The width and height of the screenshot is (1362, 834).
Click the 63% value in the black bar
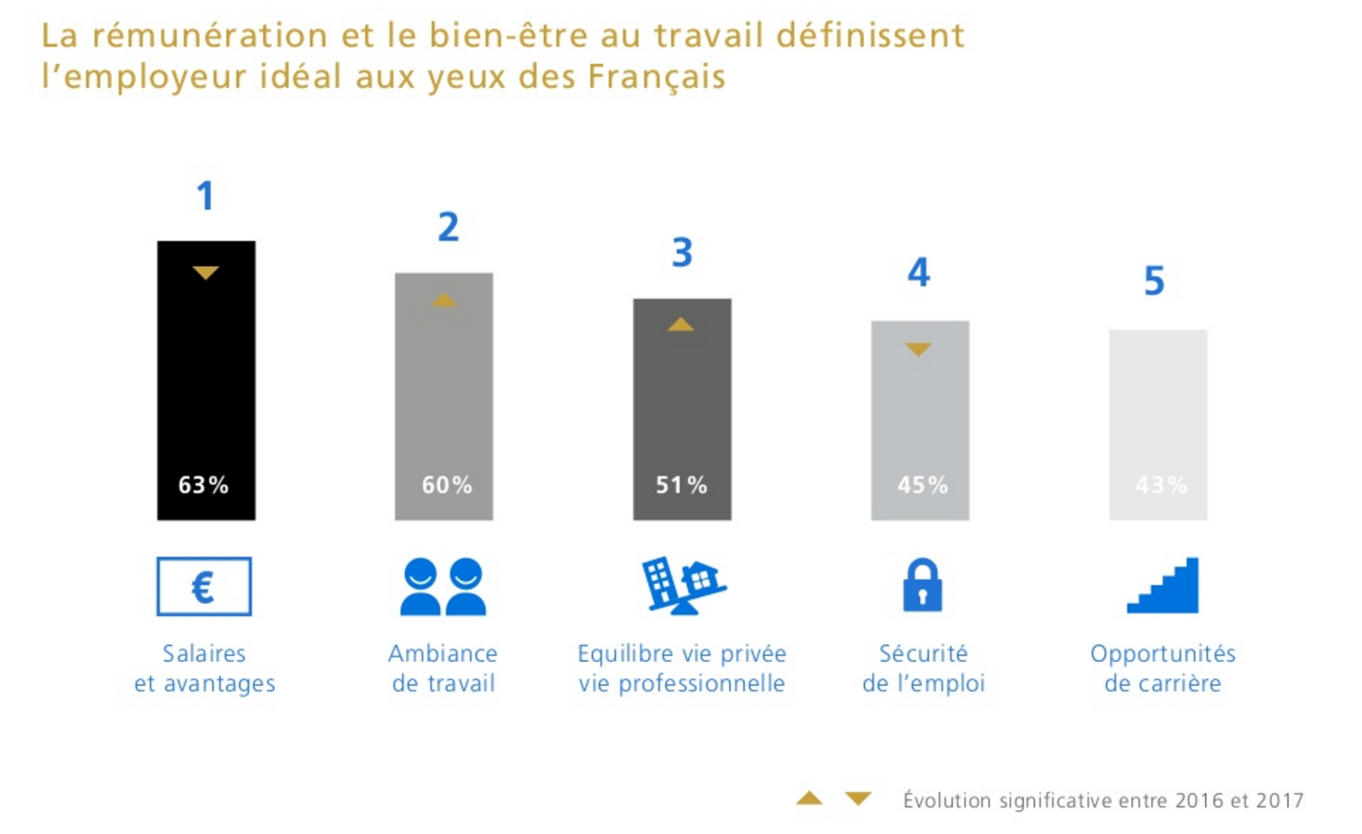203,485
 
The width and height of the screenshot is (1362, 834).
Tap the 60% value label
447,485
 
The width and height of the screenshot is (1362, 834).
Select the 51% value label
681,485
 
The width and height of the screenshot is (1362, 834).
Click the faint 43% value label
1161,485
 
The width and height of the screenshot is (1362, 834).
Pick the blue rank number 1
205,197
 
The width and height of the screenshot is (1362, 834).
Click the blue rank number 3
681,253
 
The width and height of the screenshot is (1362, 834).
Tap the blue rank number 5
1154,281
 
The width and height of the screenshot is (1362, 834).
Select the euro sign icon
203,587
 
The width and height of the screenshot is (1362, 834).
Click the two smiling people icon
443,587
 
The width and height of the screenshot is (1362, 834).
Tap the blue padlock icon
922,585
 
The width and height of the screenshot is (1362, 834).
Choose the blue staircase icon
1163,586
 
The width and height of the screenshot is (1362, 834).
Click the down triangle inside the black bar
205,273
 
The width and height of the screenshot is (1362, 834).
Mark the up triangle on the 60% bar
444,301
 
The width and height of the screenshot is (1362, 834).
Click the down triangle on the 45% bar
918,349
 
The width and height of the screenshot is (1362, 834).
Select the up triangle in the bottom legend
809,799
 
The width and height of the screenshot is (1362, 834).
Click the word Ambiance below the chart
443,653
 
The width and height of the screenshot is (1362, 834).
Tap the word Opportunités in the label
1162,653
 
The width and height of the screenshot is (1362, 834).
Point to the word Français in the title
656,76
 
